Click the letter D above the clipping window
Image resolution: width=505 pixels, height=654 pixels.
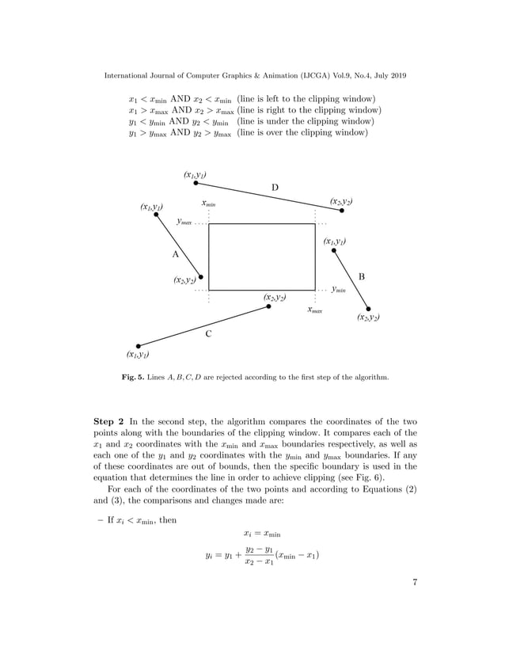tap(275, 188)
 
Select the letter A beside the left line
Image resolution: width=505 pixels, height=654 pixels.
tap(175, 254)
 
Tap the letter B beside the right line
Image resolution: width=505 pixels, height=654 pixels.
tap(361, 276)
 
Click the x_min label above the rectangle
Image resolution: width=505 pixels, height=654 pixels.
tap(209, 203)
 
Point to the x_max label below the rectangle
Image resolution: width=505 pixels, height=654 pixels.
tap(315, 310)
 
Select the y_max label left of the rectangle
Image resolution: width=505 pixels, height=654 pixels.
tap(184, 223)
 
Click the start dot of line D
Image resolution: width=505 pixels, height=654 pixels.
tap(196, 183)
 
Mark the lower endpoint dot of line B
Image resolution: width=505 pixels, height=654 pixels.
tap(369, 309)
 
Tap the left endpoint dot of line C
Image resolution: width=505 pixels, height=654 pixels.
tap(139, 345)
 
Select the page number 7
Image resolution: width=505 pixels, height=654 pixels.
tap(414, 584)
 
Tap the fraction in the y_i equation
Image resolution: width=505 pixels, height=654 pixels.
tap(258, 555)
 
